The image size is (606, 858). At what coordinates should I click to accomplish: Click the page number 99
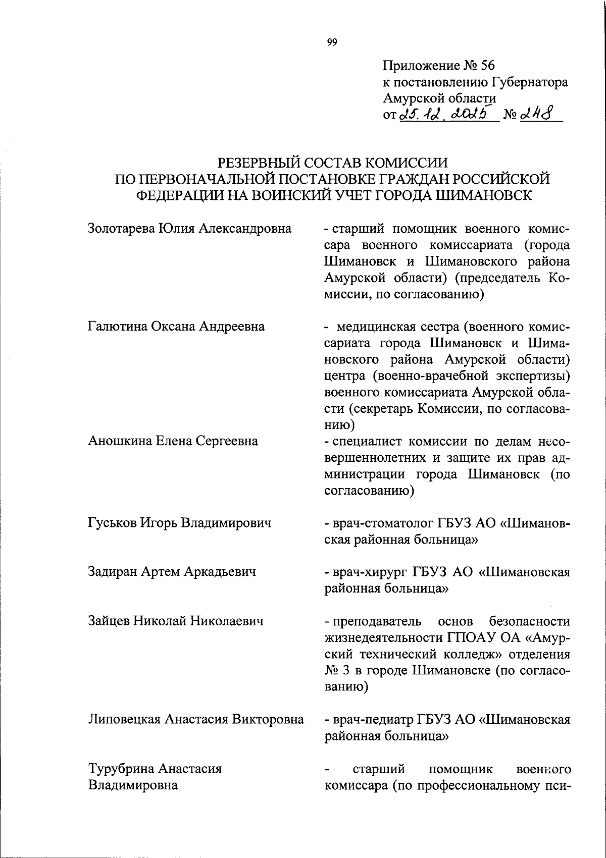(x=332, y=42)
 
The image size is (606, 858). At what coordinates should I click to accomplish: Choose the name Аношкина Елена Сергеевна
(x=173, y=441)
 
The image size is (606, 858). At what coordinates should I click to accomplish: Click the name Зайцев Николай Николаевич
(x=176, y=620)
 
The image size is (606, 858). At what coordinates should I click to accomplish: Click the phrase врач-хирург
(x=363, y=572)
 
